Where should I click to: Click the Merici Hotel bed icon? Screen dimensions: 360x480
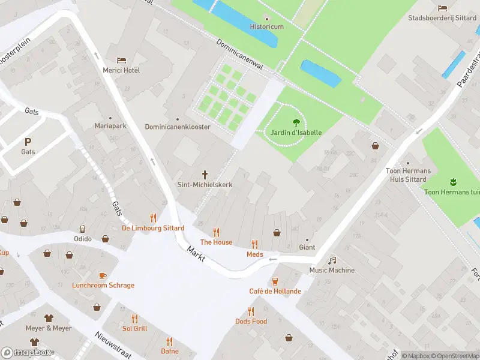122,61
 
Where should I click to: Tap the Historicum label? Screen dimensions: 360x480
266,27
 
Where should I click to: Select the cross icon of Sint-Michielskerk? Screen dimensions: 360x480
205,175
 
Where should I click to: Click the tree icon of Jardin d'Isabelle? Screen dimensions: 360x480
295,122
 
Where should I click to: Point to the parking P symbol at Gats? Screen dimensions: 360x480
28,142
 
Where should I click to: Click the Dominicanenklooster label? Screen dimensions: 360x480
178,127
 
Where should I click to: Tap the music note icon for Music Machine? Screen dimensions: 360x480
332,260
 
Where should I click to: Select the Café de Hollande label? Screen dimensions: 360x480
275,292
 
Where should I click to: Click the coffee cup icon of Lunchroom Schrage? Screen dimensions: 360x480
103,275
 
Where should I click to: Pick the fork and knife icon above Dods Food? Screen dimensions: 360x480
251,311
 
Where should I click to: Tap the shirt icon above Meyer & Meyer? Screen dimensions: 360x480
49,318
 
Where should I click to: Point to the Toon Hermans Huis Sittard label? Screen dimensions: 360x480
408,175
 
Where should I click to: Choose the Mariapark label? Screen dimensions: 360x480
110,127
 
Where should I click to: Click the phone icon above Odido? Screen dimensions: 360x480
83,229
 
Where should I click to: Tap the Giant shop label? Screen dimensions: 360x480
307,247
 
